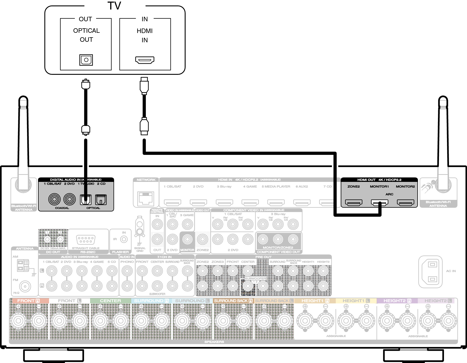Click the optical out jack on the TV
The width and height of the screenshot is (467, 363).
point(86,60)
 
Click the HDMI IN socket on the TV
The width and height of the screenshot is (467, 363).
point(145,60)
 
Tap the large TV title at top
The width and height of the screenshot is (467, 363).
point(114,6)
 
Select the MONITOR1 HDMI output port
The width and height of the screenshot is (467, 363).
point(379,202)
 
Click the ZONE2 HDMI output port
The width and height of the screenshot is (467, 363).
point(353,202)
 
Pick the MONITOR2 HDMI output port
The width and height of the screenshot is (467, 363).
point(405,202)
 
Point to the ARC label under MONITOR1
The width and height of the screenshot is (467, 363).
point(389,194)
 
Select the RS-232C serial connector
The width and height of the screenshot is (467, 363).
point(86,240)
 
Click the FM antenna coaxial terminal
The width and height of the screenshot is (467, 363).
point(25,286)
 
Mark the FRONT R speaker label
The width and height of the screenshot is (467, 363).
point(29,300)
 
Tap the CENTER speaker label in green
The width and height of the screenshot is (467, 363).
point(110,300)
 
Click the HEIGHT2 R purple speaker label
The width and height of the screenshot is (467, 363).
point(397,300)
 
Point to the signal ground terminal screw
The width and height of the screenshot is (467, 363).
point(140,231)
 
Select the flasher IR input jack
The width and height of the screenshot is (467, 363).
point(124,239)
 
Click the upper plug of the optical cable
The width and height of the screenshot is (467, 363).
point(86,84)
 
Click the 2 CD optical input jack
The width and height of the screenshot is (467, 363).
point(101,200)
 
